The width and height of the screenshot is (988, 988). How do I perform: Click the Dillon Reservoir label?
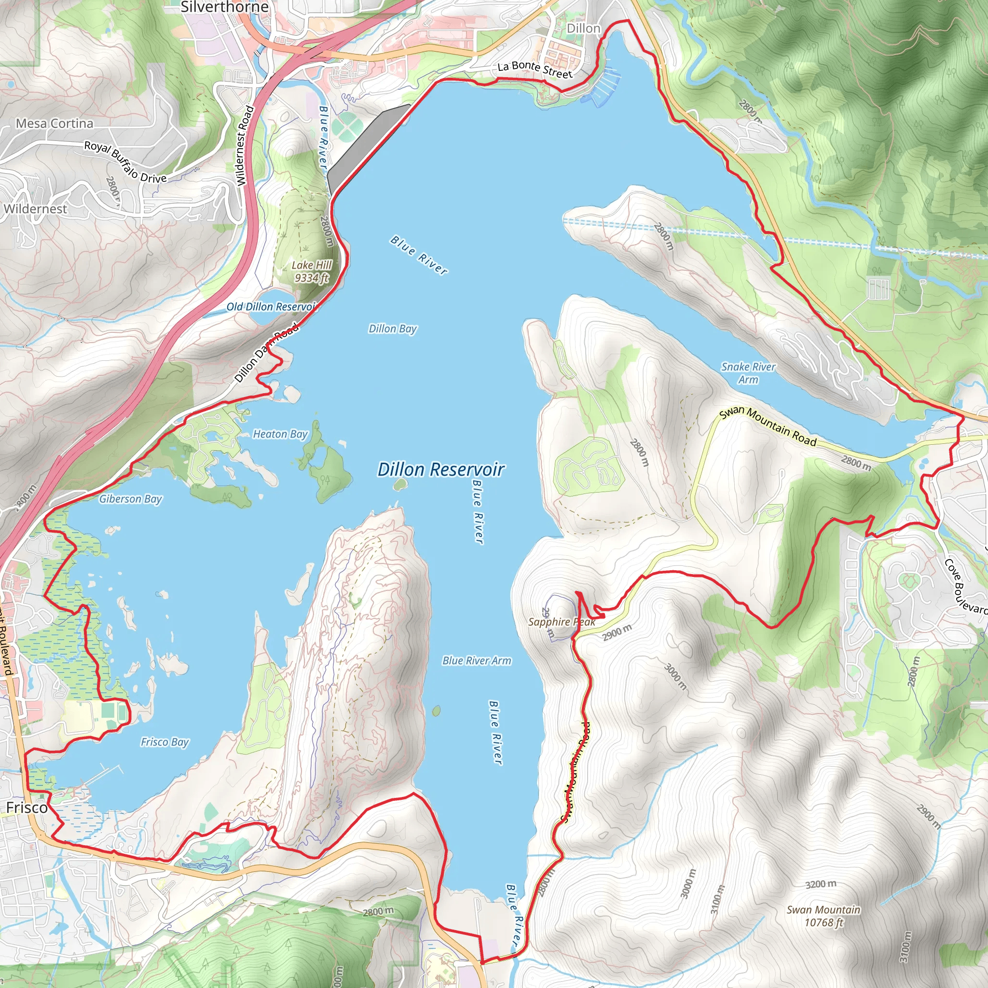pos(441,469)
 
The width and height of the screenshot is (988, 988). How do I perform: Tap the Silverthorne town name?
pos(224,7)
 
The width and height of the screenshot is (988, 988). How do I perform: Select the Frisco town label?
pos(27,808)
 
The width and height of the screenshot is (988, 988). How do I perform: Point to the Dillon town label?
pos(583,28)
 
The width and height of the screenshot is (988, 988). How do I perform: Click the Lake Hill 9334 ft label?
pos(312,271)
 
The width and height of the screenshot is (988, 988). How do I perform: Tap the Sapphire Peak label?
pos(561,622)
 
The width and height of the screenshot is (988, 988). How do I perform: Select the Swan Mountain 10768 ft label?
pos(823,916)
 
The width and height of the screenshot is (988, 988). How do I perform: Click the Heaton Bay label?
pos(280,434)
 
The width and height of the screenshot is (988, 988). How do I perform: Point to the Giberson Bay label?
pos(130,499)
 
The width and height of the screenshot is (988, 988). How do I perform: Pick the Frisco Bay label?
pos(165,742)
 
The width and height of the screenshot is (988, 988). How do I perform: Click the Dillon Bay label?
pos(392,329)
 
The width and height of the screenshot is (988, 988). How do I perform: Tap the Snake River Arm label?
pos(748,373)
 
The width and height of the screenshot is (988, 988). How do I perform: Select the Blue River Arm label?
pos(477,661)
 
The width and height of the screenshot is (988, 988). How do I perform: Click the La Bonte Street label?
pos(535,69)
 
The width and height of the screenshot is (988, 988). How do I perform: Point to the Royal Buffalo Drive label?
pos(125,162)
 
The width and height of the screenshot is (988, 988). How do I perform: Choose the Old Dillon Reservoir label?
pos(272,307)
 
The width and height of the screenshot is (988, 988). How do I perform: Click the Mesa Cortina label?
pos(54,123)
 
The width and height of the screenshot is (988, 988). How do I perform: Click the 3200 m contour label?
pos(821,884)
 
